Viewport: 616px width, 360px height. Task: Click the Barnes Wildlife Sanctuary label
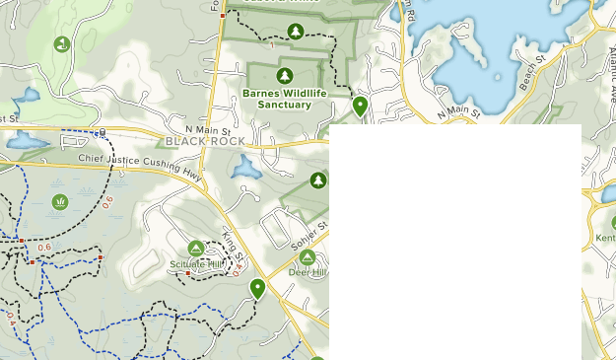[x=276, y=99]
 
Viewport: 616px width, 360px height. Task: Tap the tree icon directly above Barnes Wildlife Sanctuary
[x=285, y=76]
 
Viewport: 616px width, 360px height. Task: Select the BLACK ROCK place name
[x=205, y=141]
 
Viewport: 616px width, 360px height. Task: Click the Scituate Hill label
[x=195, y=265]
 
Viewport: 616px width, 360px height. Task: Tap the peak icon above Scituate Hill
[x=195, y=249]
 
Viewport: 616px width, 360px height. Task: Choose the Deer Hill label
[x=308, y=273]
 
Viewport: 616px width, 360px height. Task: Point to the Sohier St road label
[x=308, y=235]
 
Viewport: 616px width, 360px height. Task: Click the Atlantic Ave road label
[x=608, y=78]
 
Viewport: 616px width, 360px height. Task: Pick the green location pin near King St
[x=257, y=288]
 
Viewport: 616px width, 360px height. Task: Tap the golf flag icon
[x=62, y=43]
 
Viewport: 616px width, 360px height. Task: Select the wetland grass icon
[x=60, y=202]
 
